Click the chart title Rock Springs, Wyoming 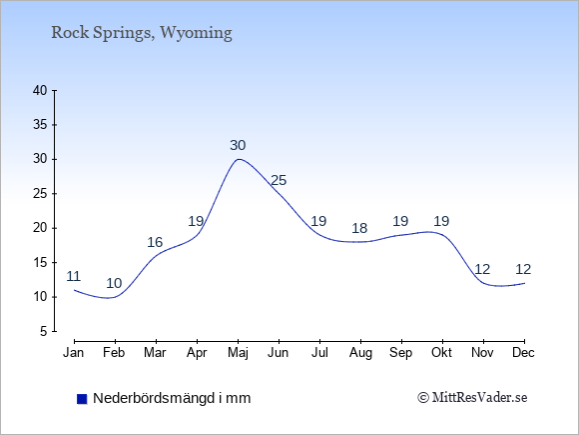(x=142, y=33)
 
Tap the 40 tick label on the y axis (x=40, y=90)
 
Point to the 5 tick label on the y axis (x=44, y=331)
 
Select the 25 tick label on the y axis (x=40, y=193)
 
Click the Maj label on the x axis (x=238, y=353)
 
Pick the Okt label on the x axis (x=441, y=353)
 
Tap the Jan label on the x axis (x=74, y=353)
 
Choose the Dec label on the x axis (x=523, y=353)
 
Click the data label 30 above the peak (x=238, y=145)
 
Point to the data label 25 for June (x=279, y=180)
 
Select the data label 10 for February (x=114, y=283)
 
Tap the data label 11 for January (x=74, y=276)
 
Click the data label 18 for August (x=359, y=228)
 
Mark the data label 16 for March (x=155, y=242)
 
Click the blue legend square (x=82, y=399)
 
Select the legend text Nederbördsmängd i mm (x=172, y=398)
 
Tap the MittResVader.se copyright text (x=472, y=398)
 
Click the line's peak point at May (x=239, y=159)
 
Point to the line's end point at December (x=524, y=283)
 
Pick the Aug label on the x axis (x=360, y=353)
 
